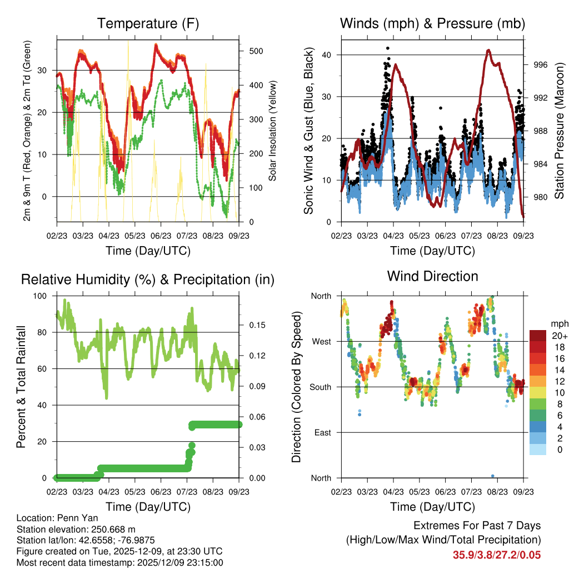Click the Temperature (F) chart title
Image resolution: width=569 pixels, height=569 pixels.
[148, 24]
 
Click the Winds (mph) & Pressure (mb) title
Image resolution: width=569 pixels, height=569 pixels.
[433, 24]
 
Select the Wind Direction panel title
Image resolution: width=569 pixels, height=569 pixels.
[432, 276]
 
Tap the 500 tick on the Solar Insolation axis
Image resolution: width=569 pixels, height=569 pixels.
[255, 51]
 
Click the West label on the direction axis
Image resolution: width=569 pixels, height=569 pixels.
[321, 341]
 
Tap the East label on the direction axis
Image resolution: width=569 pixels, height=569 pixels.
[322, 432]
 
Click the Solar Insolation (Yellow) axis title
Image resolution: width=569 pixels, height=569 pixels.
[273, 131]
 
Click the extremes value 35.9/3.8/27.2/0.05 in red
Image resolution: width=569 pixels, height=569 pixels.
[497, 555]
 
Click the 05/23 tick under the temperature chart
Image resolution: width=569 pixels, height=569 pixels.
[135, 236]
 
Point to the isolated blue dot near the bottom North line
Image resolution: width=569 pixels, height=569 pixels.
[493, 476]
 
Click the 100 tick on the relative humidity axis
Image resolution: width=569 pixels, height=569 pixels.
[42, 296]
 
